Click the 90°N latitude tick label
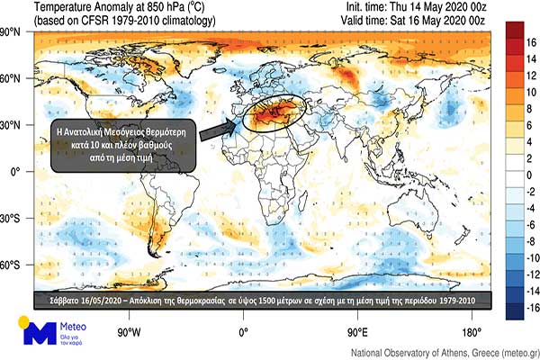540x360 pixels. click(x=12, y=31)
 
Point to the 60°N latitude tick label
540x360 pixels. click(x=12, y=78)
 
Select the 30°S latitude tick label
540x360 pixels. click(x=12, y=219)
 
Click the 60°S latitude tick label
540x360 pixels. click(x=12, y=265)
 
